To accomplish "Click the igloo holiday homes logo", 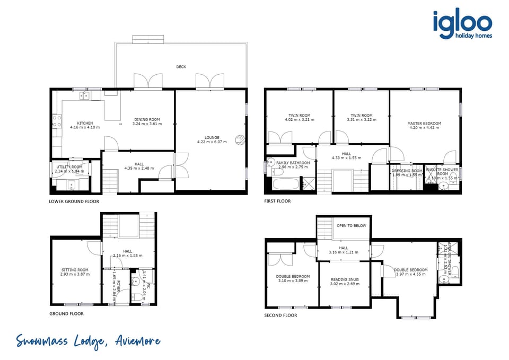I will point(462,25).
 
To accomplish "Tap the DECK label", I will point(181,67).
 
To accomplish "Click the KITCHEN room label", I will point(85,123).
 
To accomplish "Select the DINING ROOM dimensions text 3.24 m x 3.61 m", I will point(146,124).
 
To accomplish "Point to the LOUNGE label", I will point(212,138).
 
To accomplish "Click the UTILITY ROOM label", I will point(69,167).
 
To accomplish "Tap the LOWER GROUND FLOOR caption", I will point(74,201).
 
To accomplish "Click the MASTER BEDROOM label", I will point(424,124).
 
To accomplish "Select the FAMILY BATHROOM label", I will point(293,163).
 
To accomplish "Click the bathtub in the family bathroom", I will point(285,184).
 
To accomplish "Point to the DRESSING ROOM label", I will point(407,171).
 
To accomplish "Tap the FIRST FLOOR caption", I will point(277,201).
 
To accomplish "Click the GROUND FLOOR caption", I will point(66,314).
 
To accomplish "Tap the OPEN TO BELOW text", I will point(351,226).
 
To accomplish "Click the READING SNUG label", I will point(345,279).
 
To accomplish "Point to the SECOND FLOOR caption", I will point(280,315).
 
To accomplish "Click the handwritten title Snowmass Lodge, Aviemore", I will point(87,341).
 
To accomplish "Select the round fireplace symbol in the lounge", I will point(241,140).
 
